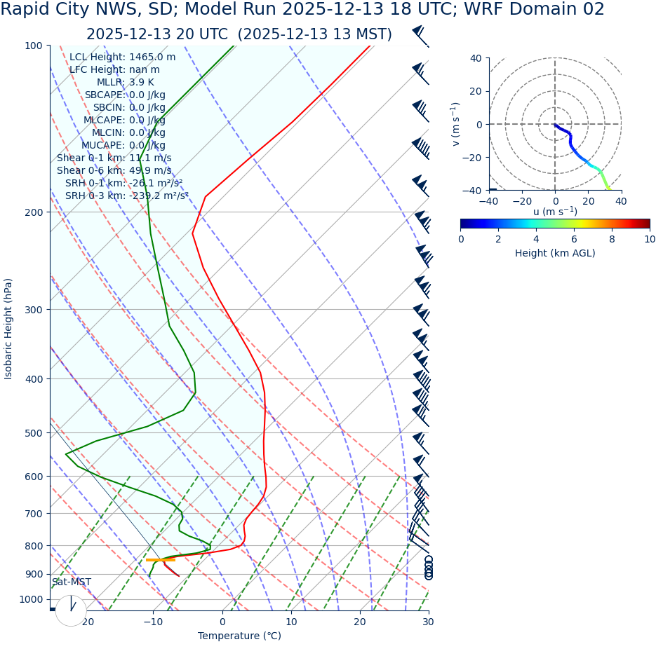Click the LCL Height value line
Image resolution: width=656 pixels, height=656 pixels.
pos(122,57)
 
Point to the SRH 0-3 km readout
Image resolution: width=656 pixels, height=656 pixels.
pos(126,196)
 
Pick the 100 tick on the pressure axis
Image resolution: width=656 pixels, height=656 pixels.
pos(34,46)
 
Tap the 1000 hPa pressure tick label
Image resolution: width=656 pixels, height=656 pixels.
pos(32,599)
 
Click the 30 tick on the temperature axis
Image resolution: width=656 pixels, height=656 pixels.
pos(428,622)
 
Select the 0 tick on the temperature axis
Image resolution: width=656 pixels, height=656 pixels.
pos(222,622)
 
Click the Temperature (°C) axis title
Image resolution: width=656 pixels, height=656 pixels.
pos(239,636)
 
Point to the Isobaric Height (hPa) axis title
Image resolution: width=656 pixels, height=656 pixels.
pos(8,329)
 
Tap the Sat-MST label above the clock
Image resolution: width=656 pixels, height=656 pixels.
pos(71,582)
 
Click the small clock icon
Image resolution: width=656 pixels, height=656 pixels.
pos(71,610)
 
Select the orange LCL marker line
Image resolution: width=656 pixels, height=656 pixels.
pos(160,560)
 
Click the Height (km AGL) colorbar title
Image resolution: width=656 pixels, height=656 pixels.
pos(555,253)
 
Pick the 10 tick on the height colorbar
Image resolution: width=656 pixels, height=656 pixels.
pos(650,239)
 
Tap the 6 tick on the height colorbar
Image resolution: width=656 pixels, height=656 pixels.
pos(574,239)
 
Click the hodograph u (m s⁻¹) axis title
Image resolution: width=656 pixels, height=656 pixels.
pos(555,212)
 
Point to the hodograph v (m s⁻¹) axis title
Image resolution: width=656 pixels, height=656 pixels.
pos(456,124)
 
